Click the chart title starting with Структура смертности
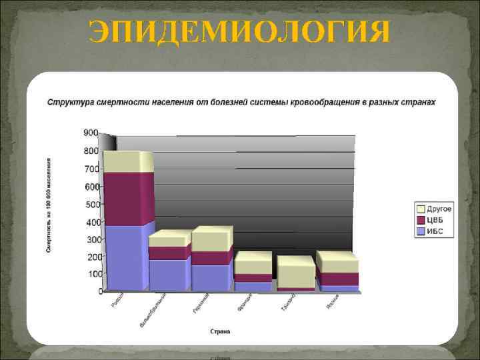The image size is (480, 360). coord(241,102)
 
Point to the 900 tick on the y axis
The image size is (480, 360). coord(91,133)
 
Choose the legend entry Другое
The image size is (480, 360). coord(439,209)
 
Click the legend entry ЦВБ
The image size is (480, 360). coord(435,220)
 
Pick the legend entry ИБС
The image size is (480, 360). coord(435,231)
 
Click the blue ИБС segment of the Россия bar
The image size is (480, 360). coord(125,257)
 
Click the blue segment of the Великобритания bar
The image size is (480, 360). coord(167,274)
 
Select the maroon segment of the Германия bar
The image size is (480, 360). coord(209,258)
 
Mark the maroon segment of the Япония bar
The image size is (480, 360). coord(337,279)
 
